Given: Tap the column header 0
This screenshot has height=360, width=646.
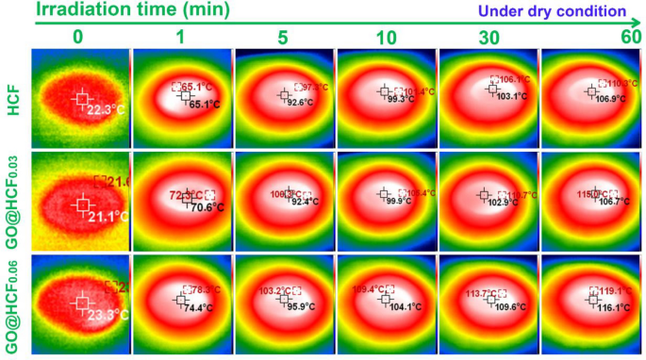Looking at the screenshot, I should pyautogui.click(x=80, y=37).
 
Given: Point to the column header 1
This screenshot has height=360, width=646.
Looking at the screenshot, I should pyautogui.click(x=182, y=37).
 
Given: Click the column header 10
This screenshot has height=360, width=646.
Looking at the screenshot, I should pyautogui.click(x=386, y=37).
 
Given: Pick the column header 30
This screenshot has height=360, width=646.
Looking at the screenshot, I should pyautogui.click(x=489, y=37).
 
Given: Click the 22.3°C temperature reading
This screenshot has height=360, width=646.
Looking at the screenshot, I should pyautogui.click(x=106, y=110).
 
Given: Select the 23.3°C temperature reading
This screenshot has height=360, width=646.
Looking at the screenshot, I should pyautogui.click(x=106, y=316).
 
